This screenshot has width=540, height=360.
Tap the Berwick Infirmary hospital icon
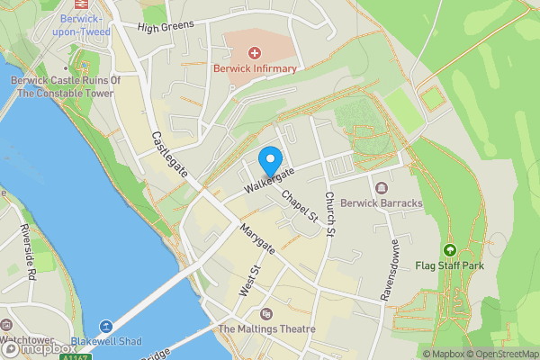point(255,54)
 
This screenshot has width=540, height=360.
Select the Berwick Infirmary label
point(255,68)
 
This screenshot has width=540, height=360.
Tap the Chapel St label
point(300,206)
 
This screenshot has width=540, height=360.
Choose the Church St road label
point(330,214)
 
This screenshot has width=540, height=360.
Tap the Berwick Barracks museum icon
point(382,188)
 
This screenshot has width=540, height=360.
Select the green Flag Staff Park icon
point(449,250)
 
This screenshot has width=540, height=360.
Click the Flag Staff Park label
point(449,265)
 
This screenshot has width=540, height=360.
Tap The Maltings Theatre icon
point(265,313)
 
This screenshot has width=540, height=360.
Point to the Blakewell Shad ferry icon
point(106,327)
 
